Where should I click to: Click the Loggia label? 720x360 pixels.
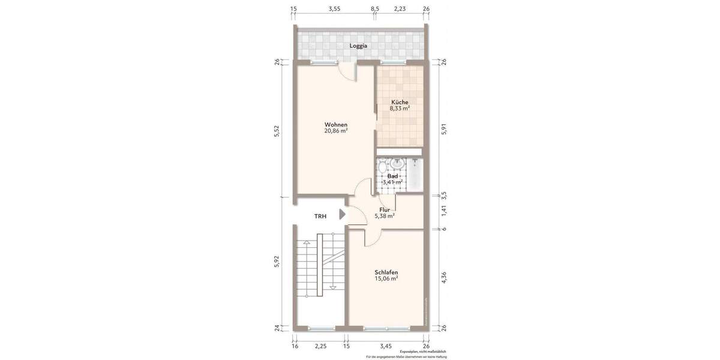point(359,46)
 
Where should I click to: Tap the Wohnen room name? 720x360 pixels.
point(336,124)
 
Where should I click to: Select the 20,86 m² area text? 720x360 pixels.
point(336,131)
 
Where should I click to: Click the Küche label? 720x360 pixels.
point(399,102)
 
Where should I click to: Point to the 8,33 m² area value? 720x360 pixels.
point(400,109)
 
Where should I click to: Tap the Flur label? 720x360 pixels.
point(385,209)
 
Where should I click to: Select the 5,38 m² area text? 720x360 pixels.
point(385,216)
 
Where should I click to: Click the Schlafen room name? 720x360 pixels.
point(386,272)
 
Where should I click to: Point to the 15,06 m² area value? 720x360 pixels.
point(386,279)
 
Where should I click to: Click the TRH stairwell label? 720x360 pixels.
point(320,216)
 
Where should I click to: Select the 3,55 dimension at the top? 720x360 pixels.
point(334,8)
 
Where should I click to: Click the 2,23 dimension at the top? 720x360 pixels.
point(400,8)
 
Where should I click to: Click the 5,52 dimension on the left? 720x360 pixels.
point(277,132)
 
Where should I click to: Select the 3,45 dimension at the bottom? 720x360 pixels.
point(386,346)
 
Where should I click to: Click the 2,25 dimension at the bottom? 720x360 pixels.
point(320,346)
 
